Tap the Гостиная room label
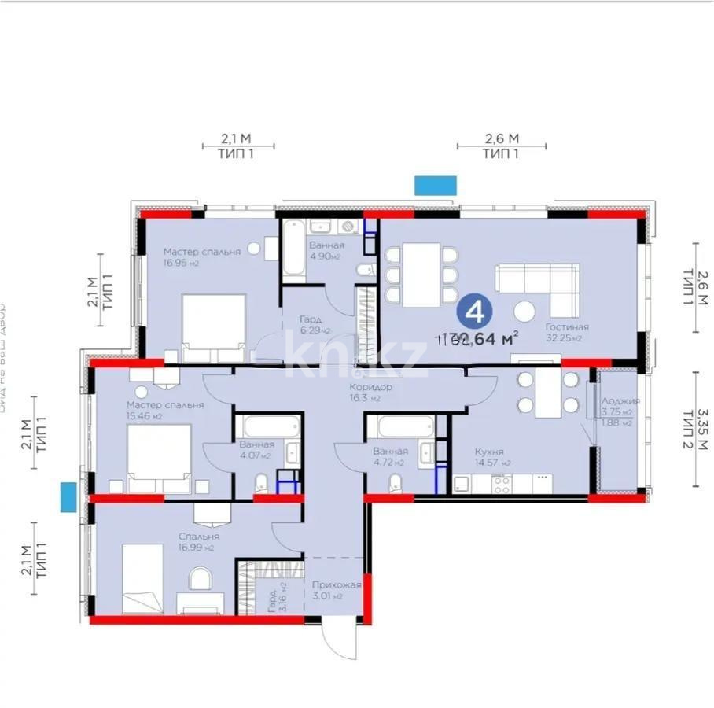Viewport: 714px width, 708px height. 566,326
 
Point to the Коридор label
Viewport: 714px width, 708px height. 371,388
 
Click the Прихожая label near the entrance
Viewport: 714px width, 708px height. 336,585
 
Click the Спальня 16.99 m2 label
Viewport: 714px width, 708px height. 198,536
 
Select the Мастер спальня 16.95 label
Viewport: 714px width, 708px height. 201,252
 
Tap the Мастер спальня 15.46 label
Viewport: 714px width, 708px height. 165,405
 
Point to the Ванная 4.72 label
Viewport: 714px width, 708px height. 390,452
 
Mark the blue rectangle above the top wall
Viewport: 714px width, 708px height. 435,184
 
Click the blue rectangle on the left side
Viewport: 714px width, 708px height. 68,498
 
